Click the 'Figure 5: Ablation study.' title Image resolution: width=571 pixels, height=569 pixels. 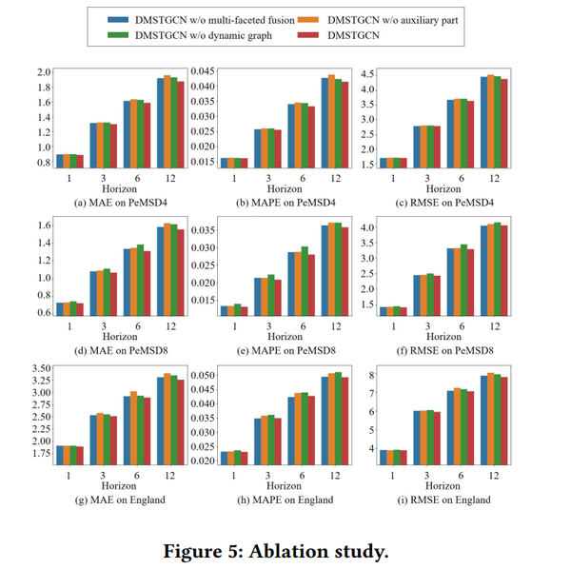coord(284,549)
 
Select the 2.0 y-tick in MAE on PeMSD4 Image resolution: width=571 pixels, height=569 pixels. coord(44,73)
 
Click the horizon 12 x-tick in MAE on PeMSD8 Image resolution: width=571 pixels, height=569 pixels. coord(166,324)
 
